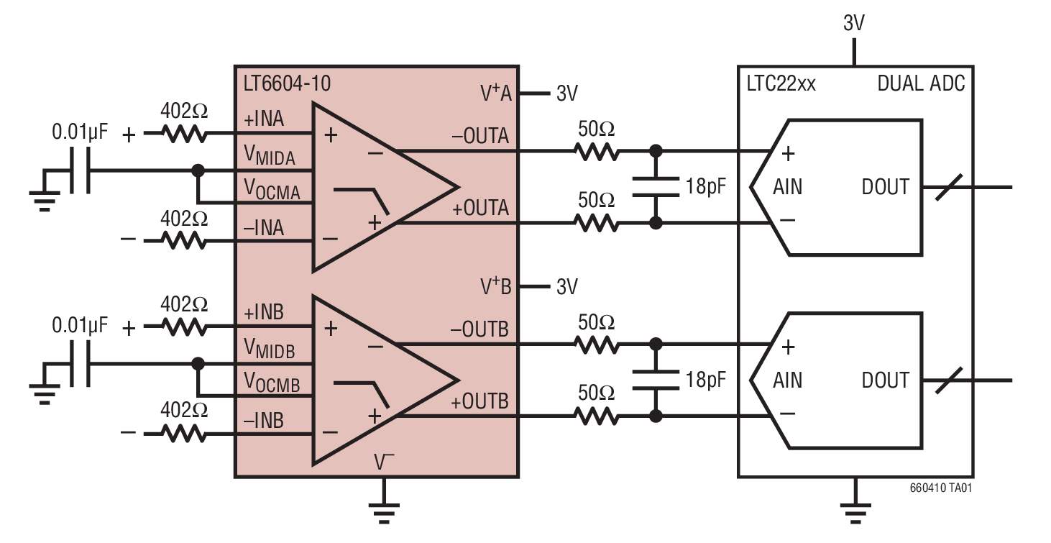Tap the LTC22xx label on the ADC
click(781, 84)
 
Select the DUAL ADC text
click(922, 84)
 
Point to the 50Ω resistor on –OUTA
click(596, 151)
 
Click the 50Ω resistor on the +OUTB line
click(596, 416)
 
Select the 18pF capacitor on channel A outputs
click(655, 187)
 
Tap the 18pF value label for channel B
click(704, 380)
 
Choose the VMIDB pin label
click(270, 349)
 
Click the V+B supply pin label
click(496, 286)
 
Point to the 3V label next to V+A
click(566, 93)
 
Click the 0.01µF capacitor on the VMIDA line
click(81, 170)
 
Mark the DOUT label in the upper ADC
click(885, 187)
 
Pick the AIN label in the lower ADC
click(788, 380)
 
